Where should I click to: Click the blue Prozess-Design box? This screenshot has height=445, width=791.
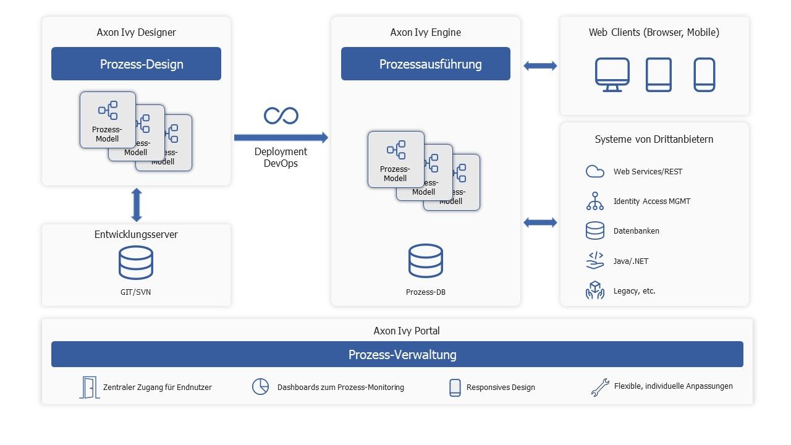coord(136,64)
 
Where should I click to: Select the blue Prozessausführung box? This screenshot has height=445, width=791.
coord(426,64)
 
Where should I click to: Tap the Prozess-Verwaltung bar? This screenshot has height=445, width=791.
coord(397,355)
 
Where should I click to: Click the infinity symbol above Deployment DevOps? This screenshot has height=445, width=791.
coord(281,115)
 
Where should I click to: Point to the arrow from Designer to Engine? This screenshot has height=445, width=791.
coord(281,137)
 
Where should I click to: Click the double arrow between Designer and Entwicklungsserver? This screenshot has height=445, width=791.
coord(137,205)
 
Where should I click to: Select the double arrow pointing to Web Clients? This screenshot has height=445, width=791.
coord(540,66)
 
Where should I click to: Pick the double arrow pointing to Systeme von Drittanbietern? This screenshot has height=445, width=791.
coord(540,222)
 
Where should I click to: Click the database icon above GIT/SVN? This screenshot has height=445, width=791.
coord(136,263)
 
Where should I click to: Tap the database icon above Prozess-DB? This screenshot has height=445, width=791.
coord(426,261)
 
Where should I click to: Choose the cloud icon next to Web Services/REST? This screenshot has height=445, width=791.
coord(594,172)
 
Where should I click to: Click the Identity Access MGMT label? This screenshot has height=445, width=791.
coord(652,201)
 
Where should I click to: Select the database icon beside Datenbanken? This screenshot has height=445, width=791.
coord(594,231)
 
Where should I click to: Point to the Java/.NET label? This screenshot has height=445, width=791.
coord(631,261)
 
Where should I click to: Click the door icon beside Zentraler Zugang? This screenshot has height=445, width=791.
coord(89,387)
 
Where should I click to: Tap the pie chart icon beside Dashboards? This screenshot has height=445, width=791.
coord(260,387)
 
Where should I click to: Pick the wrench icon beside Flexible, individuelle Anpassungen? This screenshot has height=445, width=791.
coord(599,387)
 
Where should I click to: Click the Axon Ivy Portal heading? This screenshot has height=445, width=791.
coord(407,331)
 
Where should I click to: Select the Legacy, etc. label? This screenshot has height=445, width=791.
coord(634,290)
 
